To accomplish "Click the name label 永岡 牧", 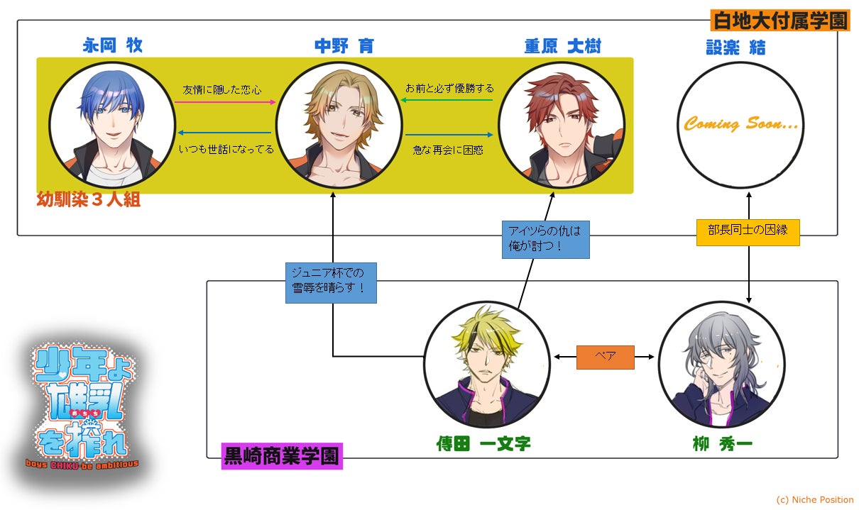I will click(x=112, y=46).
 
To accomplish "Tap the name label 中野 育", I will click(x=344, y=46).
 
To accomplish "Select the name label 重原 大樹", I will click(x=562, y=46).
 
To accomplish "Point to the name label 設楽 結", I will click(x=735, y=48).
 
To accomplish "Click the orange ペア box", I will click(x=604, y=357).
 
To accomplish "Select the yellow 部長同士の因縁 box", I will click(x=748, y=231).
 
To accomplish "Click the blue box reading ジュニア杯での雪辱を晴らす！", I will click(x=331, y=283).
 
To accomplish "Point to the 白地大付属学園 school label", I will click(x=779, y=21).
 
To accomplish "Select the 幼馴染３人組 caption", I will click(x=89, y=199).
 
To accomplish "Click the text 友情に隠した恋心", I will click(x=222, y=90).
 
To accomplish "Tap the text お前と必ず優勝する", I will click(x=449, y=89).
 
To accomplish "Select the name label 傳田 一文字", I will click(x=483, y=445).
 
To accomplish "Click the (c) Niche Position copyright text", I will click(x=814, y=499).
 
